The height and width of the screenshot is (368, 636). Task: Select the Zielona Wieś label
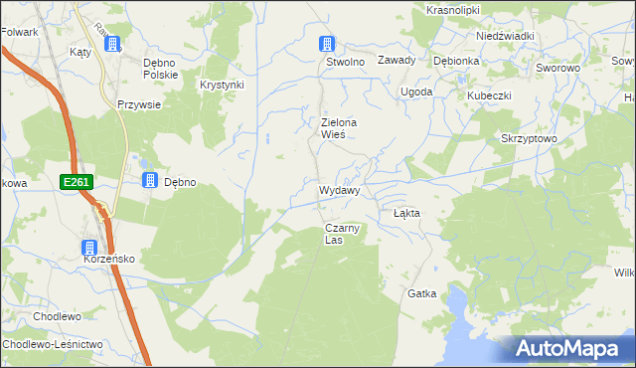click(339, 128)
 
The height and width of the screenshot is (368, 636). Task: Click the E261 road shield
click(76, 182)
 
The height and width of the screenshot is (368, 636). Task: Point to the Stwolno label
click(347, 62)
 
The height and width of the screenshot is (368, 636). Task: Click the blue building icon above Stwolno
click(326, 44)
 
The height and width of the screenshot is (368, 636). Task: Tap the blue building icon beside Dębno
click(149, 180)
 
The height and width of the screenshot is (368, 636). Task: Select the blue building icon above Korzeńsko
click(89, 248)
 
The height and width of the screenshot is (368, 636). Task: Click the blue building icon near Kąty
click(112, 44)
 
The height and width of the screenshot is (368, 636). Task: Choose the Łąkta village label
click(406, 213)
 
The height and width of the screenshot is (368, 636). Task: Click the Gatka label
click(421, 294)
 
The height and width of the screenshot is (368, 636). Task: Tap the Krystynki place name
click(222, 86)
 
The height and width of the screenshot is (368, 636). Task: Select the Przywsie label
click(139, 103)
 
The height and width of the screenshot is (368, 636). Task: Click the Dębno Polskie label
click(160, 68)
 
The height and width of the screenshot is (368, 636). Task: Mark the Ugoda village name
click(416, 92)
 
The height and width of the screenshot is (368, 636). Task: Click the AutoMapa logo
click(569, 348)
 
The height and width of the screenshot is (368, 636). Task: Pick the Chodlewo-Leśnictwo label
click(53, 344)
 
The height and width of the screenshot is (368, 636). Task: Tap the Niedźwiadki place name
click(505, 36)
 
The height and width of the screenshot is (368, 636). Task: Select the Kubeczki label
click(490, 95)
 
